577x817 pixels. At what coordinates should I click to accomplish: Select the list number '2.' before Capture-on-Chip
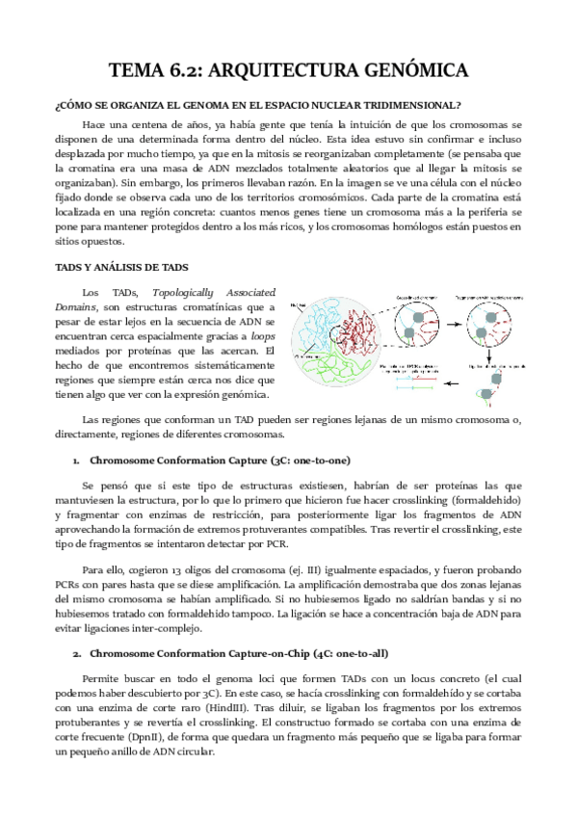[x=76, y=626]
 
